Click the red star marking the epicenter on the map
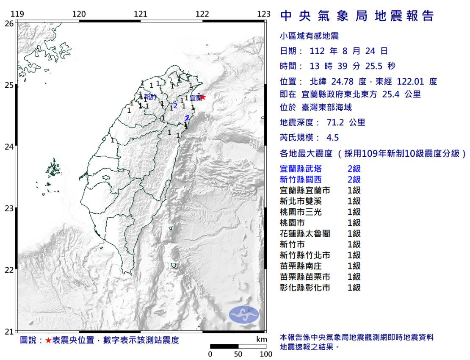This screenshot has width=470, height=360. coord(202,97)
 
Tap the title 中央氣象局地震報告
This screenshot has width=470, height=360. coord(357,17)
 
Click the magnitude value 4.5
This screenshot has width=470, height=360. coord(332,137)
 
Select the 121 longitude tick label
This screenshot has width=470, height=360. coord(141,14)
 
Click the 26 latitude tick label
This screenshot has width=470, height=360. coord(8,24)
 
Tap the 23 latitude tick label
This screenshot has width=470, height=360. coord(8,208)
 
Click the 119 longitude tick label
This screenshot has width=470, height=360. coord(17,14)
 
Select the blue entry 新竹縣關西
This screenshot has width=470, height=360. coord(301,180)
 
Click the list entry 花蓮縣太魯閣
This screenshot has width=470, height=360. coord(305,233)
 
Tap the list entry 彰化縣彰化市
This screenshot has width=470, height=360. coord(305,288)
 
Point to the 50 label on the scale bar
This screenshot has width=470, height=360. coord(238,354)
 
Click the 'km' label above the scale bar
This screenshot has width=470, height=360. coord(262,340)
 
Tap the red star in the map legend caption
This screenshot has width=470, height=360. coord(48,340)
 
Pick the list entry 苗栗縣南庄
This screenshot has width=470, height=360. coord(301,266)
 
